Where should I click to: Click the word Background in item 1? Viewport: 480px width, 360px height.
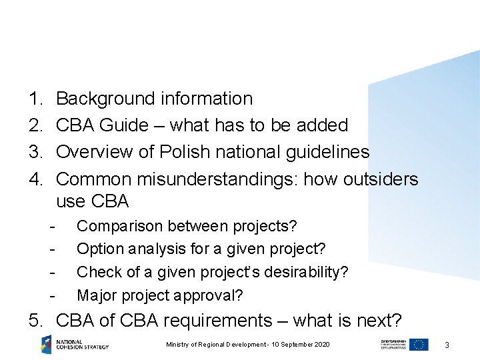pyautogui.click(x=106, y=99)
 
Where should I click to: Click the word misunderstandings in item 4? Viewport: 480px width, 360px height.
pyautogui.click(x=231, y=179)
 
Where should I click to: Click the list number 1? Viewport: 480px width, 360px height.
pyautogui.click(x=35, y=99)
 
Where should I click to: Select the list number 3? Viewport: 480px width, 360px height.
pyautogui.click(x=35, y=152)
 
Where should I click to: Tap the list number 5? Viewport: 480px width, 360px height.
pyautogui.click(x=35, y=321)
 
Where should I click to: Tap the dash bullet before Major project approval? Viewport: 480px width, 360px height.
pyautogui.click(x=52, y=294)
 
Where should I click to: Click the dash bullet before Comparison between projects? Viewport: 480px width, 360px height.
pyautogui.click(x=52, y=226)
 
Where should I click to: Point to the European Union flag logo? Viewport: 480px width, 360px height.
pyautogui.click(x=419, y=344)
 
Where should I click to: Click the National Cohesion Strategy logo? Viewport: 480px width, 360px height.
pyautogui.click(x=74, y=344)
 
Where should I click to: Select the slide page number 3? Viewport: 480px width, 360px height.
pyautogui.click(x=447, y=345)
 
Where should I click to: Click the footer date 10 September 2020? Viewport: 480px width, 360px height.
pyautogui.click(x=298, y=344)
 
